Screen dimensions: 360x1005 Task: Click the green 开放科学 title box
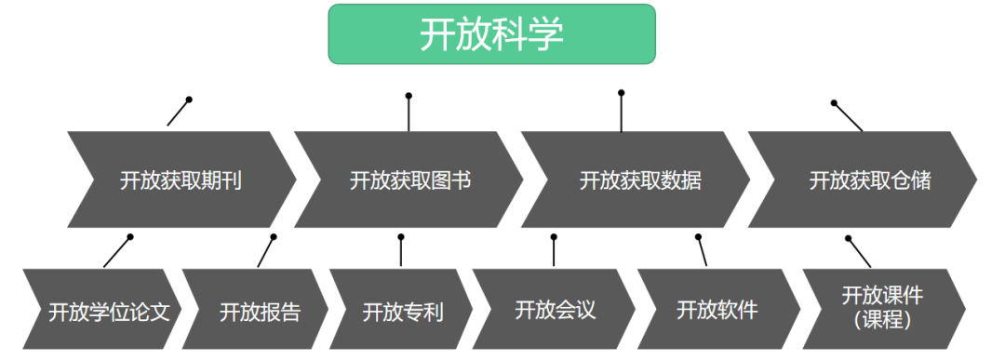[491, 34]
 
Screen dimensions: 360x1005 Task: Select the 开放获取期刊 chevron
[181, 180]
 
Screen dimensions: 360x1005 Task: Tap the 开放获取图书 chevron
[409, 180]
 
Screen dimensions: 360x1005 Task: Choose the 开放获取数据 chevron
[639, 180]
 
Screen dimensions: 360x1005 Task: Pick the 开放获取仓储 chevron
[869, 180]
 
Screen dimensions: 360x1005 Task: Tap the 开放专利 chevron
[402, 310]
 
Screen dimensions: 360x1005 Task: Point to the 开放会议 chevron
[554, 309]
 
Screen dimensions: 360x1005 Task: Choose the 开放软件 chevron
[716, 309]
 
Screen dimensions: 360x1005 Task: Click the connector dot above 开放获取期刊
[189, 100]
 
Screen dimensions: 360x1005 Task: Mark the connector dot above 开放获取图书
[409, 96]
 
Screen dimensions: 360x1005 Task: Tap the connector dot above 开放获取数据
[622, 93]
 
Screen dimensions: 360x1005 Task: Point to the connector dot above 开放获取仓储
[834, 103]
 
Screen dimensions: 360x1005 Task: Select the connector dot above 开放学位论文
[130, 237]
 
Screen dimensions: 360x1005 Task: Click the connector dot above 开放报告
[274, 237]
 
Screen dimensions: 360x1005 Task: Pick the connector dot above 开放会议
[554, 237]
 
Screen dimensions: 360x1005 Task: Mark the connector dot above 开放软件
[699, 237]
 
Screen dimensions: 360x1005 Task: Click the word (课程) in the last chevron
[881, 319]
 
